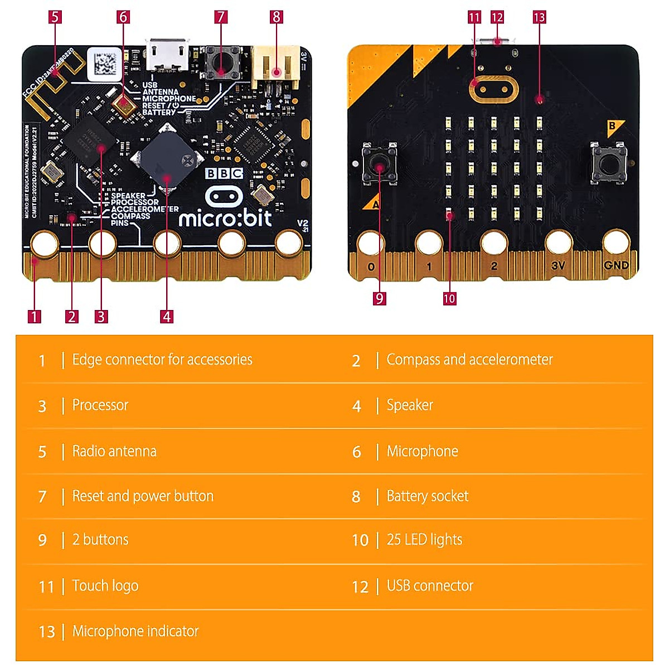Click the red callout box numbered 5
point(55,17)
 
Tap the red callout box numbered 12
point(497,17)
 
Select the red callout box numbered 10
point(449,298)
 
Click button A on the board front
point(380,164)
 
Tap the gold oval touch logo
point(494,89)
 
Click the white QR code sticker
point(104,62)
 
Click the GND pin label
point(616,265)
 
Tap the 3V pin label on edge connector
point(558,266)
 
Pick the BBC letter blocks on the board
point(224,173)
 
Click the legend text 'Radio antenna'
point(114,451)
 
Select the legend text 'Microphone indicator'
point(135,631)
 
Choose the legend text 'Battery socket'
point(428,496)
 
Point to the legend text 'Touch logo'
point(105,585)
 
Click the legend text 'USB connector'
point(430,585)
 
